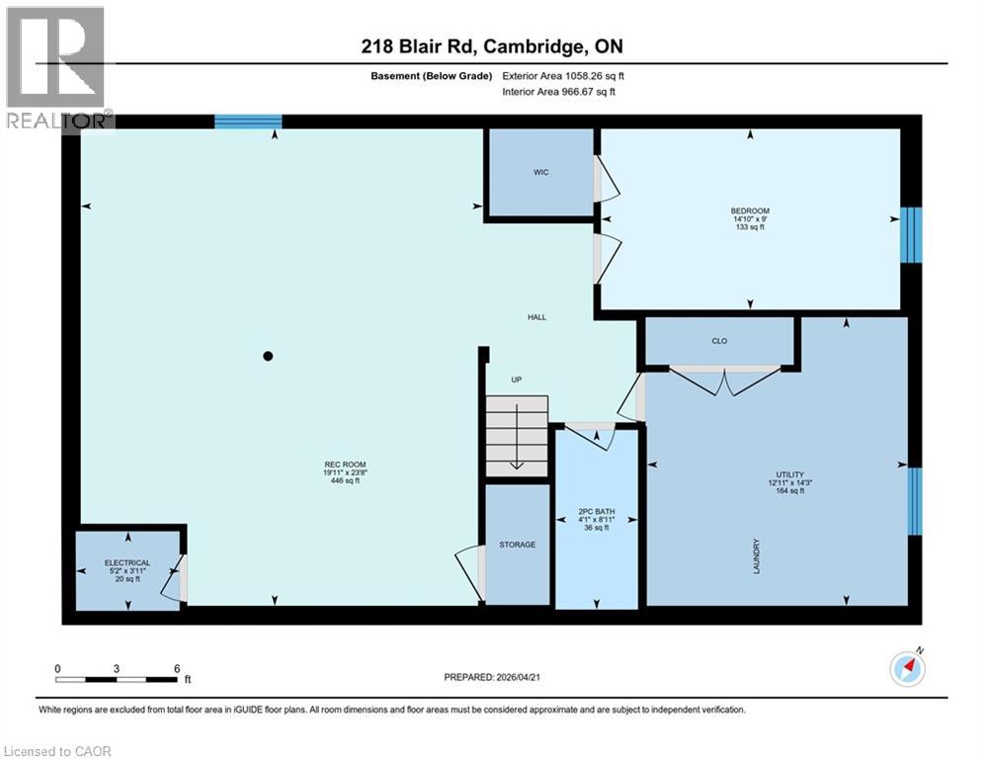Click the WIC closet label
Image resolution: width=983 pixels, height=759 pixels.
pyautogui.click(x=540, y=172)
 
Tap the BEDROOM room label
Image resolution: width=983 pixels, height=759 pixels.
pyautogui.click(x=750, y=211)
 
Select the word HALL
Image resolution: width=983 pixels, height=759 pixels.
pyautogui.click(x=536, y=317)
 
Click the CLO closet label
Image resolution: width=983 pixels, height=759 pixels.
pyautogui.click(x=719, y=341)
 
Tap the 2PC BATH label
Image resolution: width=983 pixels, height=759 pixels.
pyautogui.click(x=597, y=512)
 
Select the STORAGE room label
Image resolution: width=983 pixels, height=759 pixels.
pyautogui.click(x=517, y=545)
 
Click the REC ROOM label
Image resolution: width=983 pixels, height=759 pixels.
pyautogui.click(x=339, y=464)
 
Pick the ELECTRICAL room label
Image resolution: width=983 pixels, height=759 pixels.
pyautogui.click(x=128, y=562)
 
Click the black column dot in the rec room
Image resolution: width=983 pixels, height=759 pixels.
pyautogui.click(x=267, y=356)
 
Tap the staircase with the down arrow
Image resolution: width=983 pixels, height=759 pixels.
pyautogui.click(x=516, y=436)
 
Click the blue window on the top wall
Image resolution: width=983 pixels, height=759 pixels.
pyautogui.click(x=248, y=122)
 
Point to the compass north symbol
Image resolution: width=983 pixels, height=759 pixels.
pyautogui.click(x=907, y=669)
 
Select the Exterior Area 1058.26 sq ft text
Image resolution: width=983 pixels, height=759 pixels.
pyautogui.click(x=565, y=75)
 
